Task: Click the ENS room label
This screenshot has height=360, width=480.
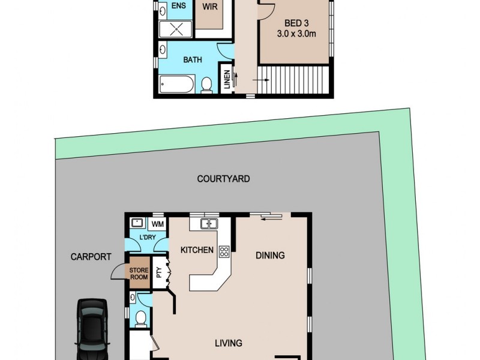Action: [x=178, y=6]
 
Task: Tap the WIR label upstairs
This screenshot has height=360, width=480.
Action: [x=210, y=8]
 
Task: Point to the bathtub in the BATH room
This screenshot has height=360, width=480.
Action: [x=176, y=84]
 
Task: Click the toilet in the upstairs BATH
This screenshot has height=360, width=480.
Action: [x=206, y=85]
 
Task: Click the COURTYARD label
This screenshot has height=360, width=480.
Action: [x=223, y=179]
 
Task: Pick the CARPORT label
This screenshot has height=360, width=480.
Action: [x=91, y=257]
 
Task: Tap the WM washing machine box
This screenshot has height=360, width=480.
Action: [x=157, y=224]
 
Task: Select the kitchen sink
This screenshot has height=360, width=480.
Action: [x=208, y=224]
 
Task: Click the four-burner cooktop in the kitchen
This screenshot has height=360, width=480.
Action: [x=224, y=251]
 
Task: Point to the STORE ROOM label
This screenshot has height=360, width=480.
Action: [x=139, y=274]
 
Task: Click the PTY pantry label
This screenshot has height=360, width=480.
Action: [x=159, y=273]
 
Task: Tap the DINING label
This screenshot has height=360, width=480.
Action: [x=270, y=256]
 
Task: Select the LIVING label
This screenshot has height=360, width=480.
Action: [x=229, y=343]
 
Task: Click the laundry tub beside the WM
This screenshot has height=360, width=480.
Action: [x=137, y=223]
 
